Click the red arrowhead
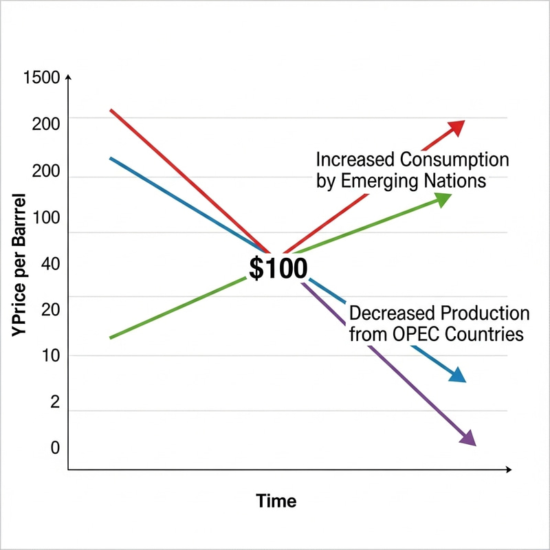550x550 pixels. tap(456, 127)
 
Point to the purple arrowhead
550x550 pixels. tap(467, 438)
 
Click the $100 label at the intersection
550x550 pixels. tap(278, 268)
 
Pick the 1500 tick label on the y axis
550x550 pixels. tap(41, 77)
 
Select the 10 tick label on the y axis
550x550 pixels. tap(51, 356)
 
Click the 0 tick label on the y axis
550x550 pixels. tap(55, 448)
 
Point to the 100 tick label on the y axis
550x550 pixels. tap(46, 219)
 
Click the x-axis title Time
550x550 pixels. tap(276, 500)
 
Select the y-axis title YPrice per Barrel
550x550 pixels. tap(19, 265)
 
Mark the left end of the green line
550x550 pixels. tap(111, 338)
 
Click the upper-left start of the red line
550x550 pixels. tap(111, 109)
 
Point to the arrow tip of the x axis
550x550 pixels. tap(509, 470)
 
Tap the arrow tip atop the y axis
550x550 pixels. tap(67, 78)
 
